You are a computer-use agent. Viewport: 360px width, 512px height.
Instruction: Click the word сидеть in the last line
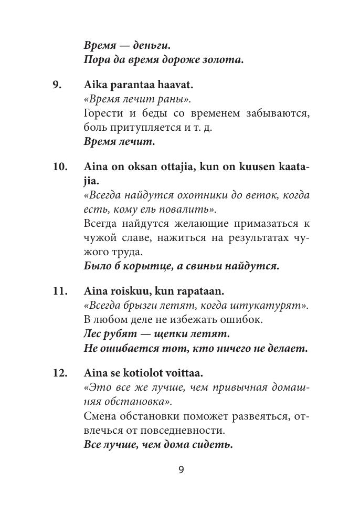(x=212, y=445)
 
